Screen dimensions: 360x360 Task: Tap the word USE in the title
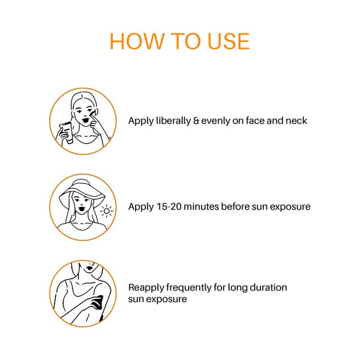coord(228,41)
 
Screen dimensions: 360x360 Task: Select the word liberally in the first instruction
coord(173,121)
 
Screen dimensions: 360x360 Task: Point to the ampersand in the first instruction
coord(196,121)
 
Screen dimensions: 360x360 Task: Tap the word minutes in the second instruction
coord(202,206)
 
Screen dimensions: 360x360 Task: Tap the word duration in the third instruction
coord(268,287)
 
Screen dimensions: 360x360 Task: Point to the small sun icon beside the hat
coord(107,211)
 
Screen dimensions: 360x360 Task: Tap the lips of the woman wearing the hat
coord(81,209)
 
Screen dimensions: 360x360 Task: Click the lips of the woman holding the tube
coord(85,121)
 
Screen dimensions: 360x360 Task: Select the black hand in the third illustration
coord(97,302)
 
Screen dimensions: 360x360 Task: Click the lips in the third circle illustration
coord(89,268)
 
